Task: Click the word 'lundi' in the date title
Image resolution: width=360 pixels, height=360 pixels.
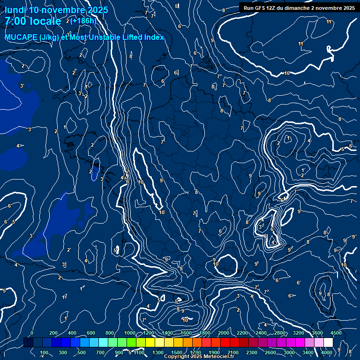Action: pos(15,10)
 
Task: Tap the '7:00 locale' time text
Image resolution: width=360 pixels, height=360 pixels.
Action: pos(33,22)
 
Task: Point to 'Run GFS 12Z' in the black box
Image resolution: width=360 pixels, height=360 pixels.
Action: pos(261,8)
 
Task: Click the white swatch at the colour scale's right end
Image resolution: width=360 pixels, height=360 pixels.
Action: pos(328,343)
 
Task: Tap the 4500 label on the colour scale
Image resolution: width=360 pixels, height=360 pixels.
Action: pos(336,333)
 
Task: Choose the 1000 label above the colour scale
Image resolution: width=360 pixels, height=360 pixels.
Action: pos(130,333)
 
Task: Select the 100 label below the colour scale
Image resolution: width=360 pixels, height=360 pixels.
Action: pos(45,352)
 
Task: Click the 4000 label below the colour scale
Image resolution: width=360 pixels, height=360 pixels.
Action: pos(326,352)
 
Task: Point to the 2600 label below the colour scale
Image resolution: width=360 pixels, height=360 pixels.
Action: pos(270,352)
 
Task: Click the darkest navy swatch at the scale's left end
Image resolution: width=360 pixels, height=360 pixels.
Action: pos(28,343)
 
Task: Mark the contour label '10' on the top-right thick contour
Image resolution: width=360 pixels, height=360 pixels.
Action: pos(286,73)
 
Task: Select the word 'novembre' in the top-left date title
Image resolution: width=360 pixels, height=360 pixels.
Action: pos(63,10)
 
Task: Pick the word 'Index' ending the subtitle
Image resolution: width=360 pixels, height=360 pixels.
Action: pos(154,37)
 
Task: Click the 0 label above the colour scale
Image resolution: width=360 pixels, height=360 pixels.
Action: pos(32,333)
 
